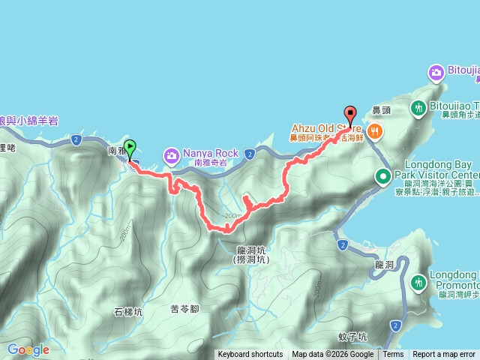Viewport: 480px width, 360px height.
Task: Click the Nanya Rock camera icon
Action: (172, 156)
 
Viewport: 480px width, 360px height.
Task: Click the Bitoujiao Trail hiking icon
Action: (418, 109)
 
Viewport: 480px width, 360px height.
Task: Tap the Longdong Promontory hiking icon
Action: (418, 282)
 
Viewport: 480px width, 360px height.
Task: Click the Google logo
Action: (28, 349)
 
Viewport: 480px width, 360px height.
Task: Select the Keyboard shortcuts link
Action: (250, 355)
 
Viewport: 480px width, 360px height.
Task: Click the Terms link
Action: (393, 355)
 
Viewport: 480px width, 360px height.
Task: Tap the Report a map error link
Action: (444, 355)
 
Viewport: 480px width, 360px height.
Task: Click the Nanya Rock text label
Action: (211, 153)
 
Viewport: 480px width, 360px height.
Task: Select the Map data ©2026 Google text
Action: (332, 355)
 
